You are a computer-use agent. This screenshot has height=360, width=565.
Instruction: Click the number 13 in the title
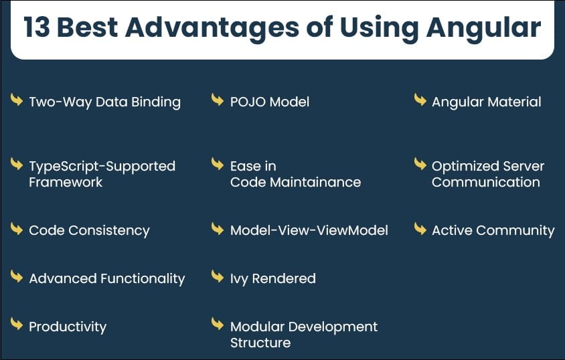pyautogui.click(x=36, y=27)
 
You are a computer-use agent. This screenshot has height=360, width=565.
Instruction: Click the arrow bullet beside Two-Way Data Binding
pyautogui.click(x=17, y=100)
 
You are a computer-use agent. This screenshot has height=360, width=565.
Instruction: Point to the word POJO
pyautogui.click(x=248, y=102)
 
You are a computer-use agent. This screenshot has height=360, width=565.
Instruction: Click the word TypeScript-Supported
pyautogui.click(x=102, y=167)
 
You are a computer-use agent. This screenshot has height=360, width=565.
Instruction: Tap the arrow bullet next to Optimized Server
pyautogui.click(x=420, y=164)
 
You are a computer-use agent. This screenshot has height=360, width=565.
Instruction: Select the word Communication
pyautogui.click(x=486, y=182)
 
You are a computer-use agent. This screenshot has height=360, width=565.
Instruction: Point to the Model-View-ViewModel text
pyautogui.click(x=309, y=230)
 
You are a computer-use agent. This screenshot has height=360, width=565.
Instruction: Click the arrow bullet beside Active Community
pyautogui.click(x=420, y=228)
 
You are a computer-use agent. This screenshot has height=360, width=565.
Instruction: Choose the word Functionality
pyautogui.click(x=143, y=279)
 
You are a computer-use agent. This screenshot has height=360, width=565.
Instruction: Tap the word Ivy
pyautogui.click(x=239, y=279)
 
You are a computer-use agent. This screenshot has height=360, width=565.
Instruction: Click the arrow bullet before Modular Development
pyautogui.click(x=218, y=324)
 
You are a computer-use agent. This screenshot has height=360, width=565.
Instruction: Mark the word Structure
pyautogui.click(x=260, y=343)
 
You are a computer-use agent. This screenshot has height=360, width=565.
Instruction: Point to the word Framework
pyautogui.click(x=66, y=182)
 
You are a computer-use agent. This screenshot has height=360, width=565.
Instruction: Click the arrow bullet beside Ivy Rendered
pyautogui.click(x=218, y=276)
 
